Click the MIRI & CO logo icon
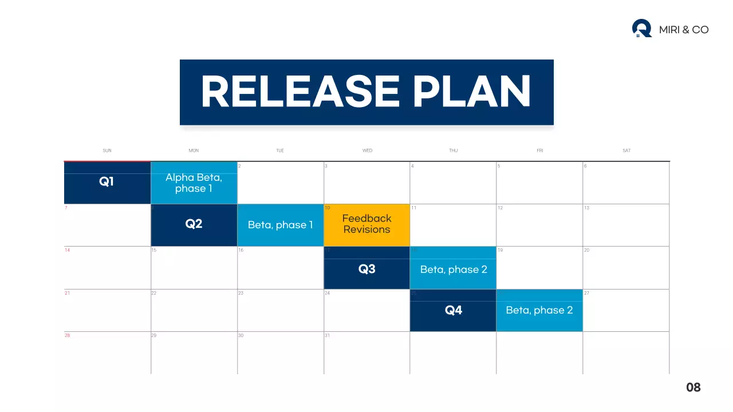coord(641,28)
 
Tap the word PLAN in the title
coord(472,92)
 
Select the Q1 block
coord(107,183)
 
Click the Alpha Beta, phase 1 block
coord(194,183)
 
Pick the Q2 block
coord(194,224)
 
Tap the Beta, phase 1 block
coord(280,225)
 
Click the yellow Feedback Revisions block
coord(366,224)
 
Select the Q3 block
coord(366,268)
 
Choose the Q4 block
coord(453,310)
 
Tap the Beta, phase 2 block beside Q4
coord(539,310)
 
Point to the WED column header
coord(367,150)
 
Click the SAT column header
coord(626,150)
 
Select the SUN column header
coord(107,150)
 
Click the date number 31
coord(327,335)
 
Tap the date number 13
coord(586,208)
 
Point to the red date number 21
coord(67,293)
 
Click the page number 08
coord(693,387)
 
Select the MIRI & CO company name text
coord(684,30)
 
